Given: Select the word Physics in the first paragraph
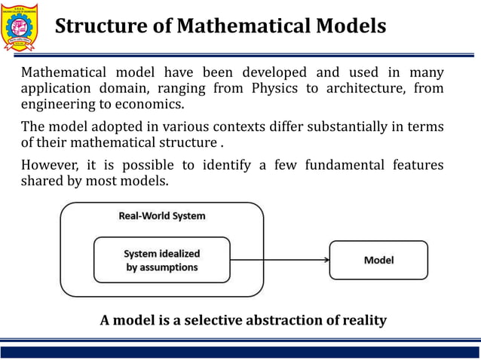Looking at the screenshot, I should pos(276,88).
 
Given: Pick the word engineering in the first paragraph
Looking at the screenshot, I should pos(57,104).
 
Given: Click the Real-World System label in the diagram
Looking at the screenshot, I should pos(161,216).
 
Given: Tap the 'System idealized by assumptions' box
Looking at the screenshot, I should pos(161,260).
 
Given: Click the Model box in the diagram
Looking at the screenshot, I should pos(378,260).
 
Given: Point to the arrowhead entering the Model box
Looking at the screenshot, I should pos(326,260).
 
